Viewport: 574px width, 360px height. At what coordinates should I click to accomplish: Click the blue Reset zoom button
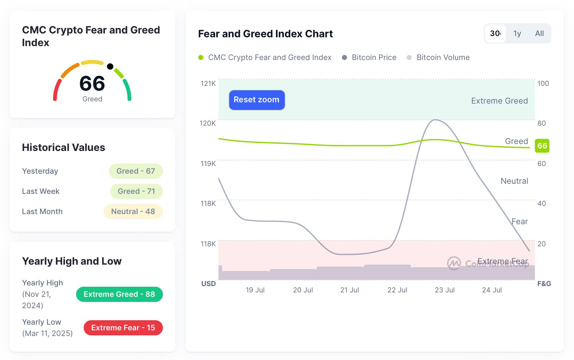(257, 100)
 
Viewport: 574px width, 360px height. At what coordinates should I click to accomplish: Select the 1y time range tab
(517, 33)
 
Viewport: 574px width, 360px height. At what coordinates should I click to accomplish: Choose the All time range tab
(539, 33)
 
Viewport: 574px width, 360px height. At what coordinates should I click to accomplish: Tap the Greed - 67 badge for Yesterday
(136, 171)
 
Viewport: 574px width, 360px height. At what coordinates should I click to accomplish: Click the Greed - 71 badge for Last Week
(136, 191)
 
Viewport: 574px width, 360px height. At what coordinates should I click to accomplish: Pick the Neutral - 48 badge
(133, 212)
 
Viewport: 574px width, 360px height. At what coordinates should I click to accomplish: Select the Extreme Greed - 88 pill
(119, 294)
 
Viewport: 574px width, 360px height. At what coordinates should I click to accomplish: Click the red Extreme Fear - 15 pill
(123, 328)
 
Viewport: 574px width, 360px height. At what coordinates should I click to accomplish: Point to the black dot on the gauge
(110, 66)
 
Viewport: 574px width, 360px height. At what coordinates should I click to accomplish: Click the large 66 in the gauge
(92, 83)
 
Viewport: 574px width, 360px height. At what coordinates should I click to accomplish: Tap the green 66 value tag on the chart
(542, 146)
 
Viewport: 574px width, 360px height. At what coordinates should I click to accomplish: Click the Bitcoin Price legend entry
(374, 57)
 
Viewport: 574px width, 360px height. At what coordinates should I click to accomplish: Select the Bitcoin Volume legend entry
(443, 57)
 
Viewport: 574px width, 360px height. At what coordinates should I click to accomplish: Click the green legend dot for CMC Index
(201, 57)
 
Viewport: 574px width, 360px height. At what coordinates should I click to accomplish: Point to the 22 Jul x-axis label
(397, 290)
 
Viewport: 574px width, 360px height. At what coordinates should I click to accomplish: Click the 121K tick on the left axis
(208, 83)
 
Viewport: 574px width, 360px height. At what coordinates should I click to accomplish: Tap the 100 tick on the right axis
(543, 83)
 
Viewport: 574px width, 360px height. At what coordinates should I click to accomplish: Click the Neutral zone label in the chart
(514, 181)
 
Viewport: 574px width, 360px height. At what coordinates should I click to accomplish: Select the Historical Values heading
(63, 147)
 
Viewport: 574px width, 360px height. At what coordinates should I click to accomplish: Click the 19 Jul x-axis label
(255, 290)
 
